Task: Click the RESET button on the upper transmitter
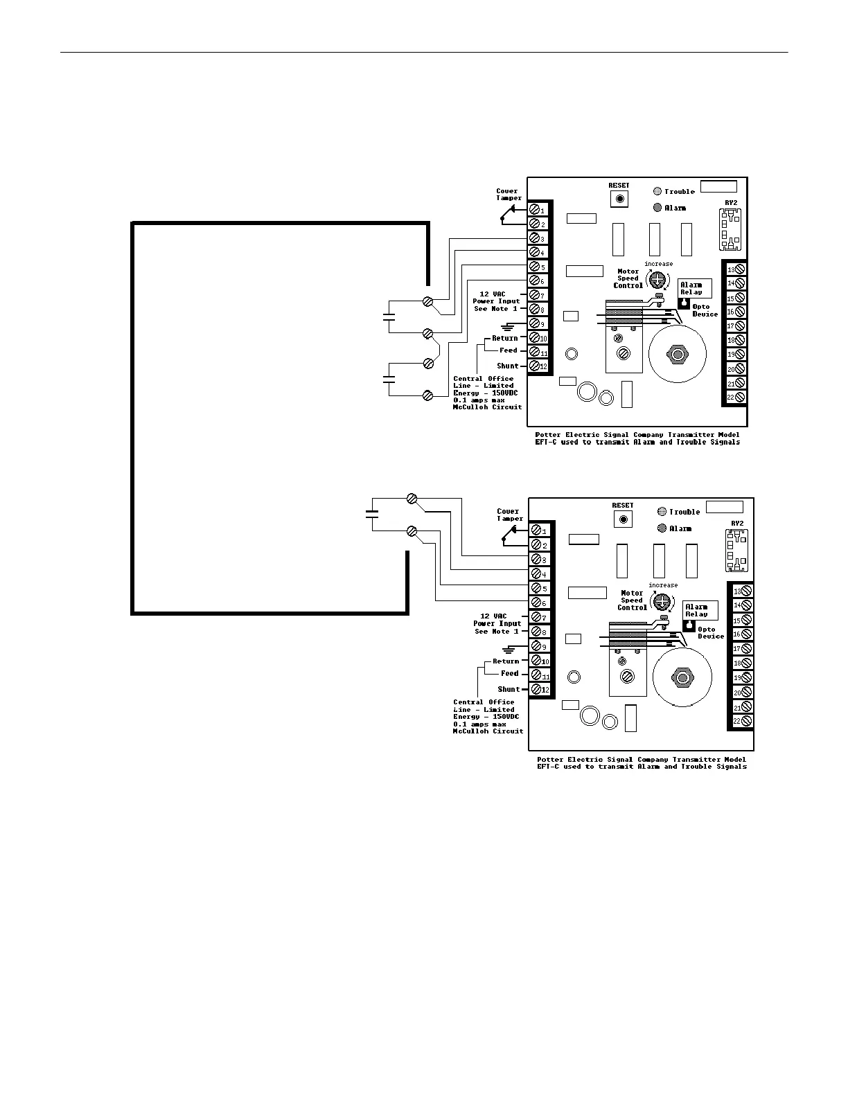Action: pos(619,199)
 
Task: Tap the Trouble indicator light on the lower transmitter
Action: pos(662,512)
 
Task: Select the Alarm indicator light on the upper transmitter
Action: pos(658,208)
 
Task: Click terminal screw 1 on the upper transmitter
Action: pos(535,209)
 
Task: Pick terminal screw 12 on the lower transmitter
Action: pos(536,690)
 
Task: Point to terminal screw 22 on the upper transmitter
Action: pos(740,398)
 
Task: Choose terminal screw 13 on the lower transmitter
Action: pos(746,591)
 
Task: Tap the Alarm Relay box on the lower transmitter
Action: pos(700,610)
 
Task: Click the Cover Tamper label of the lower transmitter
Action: pos(510,515)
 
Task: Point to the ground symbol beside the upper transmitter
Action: pos(510,325)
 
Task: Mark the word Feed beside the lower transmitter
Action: pos(510,673)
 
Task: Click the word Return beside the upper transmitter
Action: pos(505,338)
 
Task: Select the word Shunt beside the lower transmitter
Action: pos(509,689)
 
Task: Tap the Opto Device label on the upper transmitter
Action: pos(705,310)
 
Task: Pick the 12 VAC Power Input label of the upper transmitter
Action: pos(496,301)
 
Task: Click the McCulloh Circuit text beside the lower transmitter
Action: pos(488,731)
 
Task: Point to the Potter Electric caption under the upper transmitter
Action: pos(637,438)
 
